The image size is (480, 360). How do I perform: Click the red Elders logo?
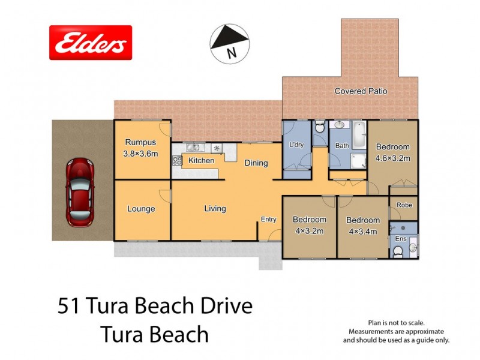(90, 43)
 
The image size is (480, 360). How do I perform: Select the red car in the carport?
(80, 191)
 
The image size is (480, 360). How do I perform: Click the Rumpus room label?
(140, 143)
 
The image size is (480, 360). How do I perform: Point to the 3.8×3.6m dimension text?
(141, 153)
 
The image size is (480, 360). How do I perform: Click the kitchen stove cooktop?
(177, 160)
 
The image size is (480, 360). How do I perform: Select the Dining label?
(256, 163)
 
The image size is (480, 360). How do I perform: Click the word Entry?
(268, 220)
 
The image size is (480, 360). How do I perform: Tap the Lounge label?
(141, 209)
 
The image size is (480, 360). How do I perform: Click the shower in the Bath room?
(358, 161)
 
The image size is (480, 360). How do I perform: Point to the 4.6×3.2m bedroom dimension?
(393, 157)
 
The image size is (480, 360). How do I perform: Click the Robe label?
(404, 205)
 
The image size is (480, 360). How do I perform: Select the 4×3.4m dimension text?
(363, 230)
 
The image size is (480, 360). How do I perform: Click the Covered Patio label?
(361, 91)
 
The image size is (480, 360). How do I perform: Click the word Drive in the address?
(223, 307)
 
